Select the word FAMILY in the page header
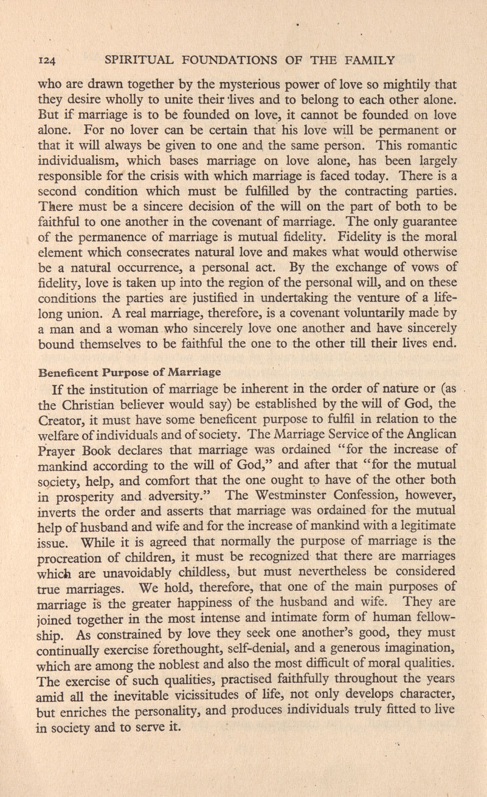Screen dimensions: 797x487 tap(377, 60)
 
